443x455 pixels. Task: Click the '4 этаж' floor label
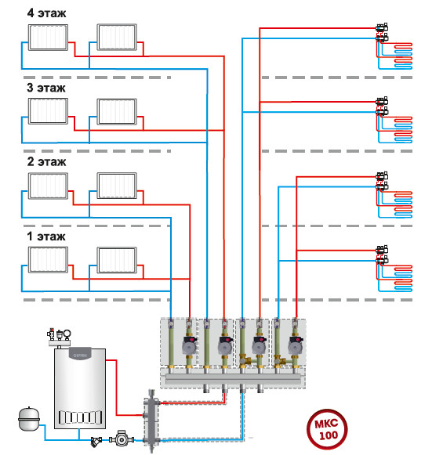click(x=46, y=13)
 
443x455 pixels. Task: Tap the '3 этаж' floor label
click(x=46, y=88)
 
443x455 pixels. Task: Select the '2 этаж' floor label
click(x=46, y=162)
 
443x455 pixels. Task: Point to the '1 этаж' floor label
click(x=46, y=237)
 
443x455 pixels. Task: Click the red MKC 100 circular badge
click(x=327, y=429)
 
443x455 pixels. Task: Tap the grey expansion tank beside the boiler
click(x=29, y=419)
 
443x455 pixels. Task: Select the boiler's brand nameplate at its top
click(x=80, y=355)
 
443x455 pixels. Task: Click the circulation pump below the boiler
click(x=122, y=439)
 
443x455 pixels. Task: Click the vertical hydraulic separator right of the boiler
click(x=151, y=421)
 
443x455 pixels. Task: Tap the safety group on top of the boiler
click(x=60, y=338)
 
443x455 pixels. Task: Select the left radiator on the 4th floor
click(x=48, y=38)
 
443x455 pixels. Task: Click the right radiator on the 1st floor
click(x=117, y=260)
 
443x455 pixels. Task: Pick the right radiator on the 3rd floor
click(x=117, y=112)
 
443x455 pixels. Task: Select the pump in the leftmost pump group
click(x=190, y=345)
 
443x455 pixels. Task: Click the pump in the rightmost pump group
click(x=296, y=345)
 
